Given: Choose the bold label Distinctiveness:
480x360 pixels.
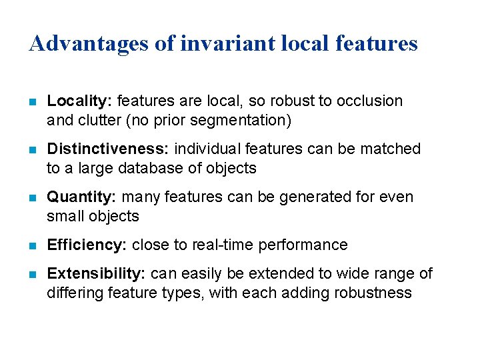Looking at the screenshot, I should click(108, 149).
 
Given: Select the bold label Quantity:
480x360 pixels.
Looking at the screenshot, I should click(83, 197).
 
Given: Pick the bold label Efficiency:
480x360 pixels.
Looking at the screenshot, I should click(87, 245).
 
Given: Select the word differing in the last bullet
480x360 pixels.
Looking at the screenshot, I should click(72, 293).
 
